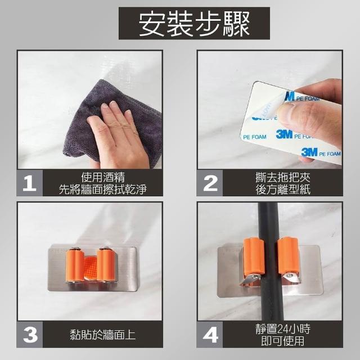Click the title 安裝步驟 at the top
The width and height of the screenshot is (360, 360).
pyautogui.click(x=194, y=24)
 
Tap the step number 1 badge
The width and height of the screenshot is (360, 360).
pyautogui.click(x=30, y=183)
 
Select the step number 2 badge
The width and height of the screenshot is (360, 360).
pyautogui.click(x=210, y=183)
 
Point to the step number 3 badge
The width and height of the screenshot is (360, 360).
pyautogui.click(x=30, y=335)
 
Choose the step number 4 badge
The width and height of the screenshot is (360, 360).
pyautogui.click(x=210, y=335)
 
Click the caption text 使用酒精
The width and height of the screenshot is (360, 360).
pyautogui.click(x=103, y=177)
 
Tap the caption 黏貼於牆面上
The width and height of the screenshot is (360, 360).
pyautogui.click(x=103, y=334)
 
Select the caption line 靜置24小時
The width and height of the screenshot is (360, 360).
pyautogui.click(x=282, y=328)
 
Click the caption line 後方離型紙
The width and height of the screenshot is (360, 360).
pyautogui.click(x=282, y=190)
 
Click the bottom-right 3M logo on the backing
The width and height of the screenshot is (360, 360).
pyautogui.click(x=309, y=152)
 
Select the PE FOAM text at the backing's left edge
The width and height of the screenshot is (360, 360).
pyautogui.click(x=255, y=137)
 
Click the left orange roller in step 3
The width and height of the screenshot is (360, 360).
pyautogui.click(x=75, y=265)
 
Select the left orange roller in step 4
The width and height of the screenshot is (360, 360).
pyautogui.click(x=254, y=256)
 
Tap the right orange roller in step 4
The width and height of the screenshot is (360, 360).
pyautogui.click(x=288, y=256)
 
